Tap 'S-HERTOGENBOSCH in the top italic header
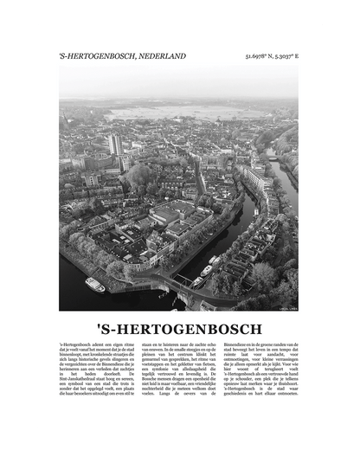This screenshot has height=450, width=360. click(x=97, y=56)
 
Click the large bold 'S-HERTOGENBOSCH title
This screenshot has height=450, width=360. click(x=180, y=328)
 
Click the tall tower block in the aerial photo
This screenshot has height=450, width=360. click(x=116, y=144)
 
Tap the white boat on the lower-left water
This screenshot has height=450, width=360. click(x=94, y=285)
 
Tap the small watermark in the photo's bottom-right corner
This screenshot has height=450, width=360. click(x=286, y=306)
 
